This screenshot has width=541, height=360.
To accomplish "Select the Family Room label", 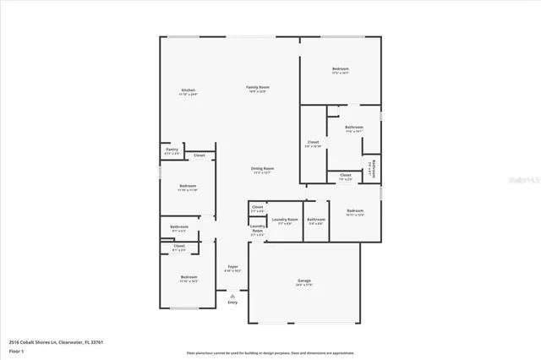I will point(257,88).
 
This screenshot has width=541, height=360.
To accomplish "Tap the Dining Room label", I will point(262,168).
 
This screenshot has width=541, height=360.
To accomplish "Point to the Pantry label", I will point(172,150).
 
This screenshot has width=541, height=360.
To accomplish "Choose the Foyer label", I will point(232,267).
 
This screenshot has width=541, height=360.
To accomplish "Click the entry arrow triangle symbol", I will point(232,295).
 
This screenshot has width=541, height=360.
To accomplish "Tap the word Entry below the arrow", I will point(232,302).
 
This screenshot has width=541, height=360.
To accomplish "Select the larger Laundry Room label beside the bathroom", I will point(285,220).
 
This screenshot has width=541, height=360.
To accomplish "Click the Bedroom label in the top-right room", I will point(340,68).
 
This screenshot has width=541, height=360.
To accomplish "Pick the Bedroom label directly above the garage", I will point(355,210).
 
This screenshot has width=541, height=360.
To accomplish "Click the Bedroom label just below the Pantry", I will point(188,186).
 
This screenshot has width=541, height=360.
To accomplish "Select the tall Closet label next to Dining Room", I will point(313,142).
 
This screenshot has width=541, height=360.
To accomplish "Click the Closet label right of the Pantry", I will point(199,155).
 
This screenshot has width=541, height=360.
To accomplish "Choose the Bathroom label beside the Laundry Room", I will point(316,220).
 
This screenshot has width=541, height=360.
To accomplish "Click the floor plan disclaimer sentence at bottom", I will point(270,352).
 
